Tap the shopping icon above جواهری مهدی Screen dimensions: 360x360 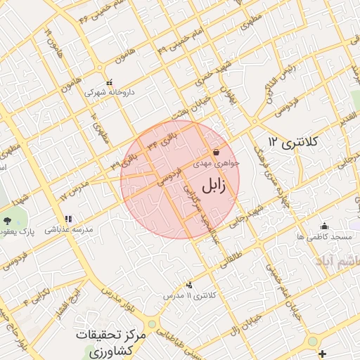click(x=215, y=152)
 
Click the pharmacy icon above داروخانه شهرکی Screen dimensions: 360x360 click(x=109, y=82)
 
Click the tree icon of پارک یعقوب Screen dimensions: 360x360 click(x=16, y=221)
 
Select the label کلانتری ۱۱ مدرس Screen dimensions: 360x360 click(x=188, y=296)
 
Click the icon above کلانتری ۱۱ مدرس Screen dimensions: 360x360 click(x=188, y=285)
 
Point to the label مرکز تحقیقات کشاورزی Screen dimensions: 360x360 click(x=111, y=342)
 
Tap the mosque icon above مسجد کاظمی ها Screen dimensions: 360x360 click(x=324, y=226)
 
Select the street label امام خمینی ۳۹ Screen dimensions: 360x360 click(x=172, y=45)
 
